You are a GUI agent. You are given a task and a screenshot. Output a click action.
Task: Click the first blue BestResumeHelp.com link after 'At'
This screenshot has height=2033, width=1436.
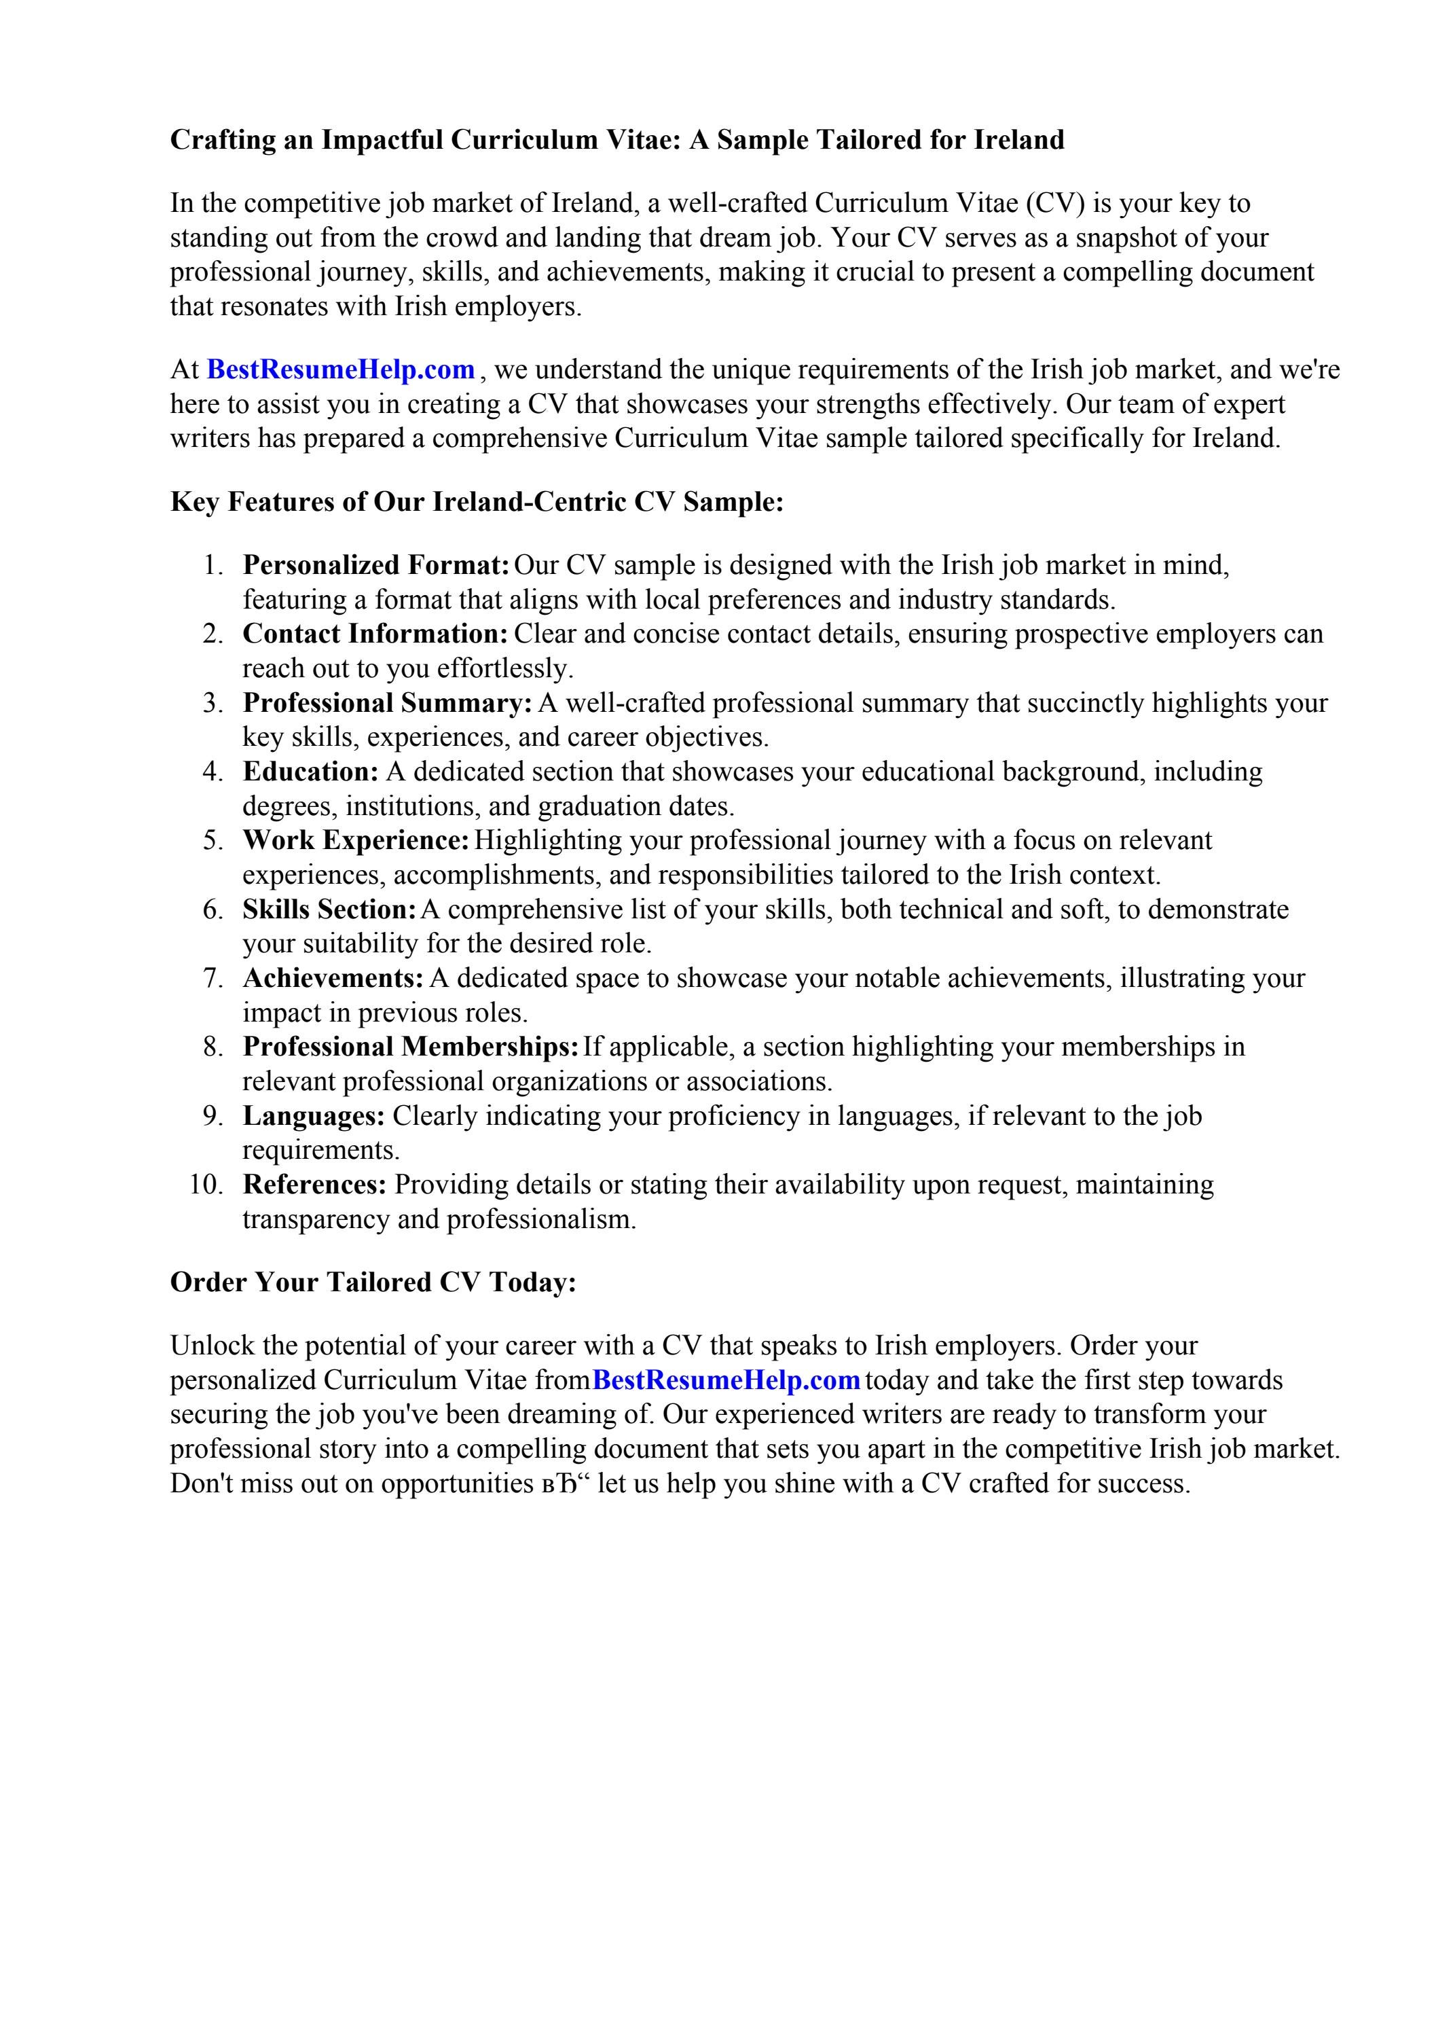pos(341,370)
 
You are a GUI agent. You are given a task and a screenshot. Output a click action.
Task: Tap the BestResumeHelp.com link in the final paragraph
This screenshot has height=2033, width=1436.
pos(726,1380)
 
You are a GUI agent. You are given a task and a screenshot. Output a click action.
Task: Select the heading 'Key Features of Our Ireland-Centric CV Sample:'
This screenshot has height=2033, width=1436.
pos(477,502)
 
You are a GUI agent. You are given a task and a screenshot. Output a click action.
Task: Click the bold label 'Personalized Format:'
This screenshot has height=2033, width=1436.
pos(375,565)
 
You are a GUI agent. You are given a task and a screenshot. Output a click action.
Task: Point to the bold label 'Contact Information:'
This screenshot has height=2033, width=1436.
pos(375,634)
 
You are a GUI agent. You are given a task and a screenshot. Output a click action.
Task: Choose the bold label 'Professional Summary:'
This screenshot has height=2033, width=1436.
pos(387,703)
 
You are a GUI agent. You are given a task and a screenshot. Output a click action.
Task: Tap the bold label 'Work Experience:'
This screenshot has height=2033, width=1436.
pos(355,840)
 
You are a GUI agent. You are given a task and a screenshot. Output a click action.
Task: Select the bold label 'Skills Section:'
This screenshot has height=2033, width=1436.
pos(329,910)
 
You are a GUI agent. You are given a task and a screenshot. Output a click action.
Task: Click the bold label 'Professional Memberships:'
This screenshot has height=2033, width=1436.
pos(411,1047)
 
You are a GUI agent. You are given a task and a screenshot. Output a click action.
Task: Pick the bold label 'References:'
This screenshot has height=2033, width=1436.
pos(314,1185)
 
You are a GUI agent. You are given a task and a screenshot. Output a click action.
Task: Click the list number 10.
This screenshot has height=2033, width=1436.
pos(206,1185)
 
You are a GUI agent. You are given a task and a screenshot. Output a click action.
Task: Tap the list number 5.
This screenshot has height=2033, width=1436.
pos(213,840)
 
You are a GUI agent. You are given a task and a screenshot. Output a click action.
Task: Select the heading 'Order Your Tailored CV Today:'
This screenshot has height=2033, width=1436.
pos(373,1282)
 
